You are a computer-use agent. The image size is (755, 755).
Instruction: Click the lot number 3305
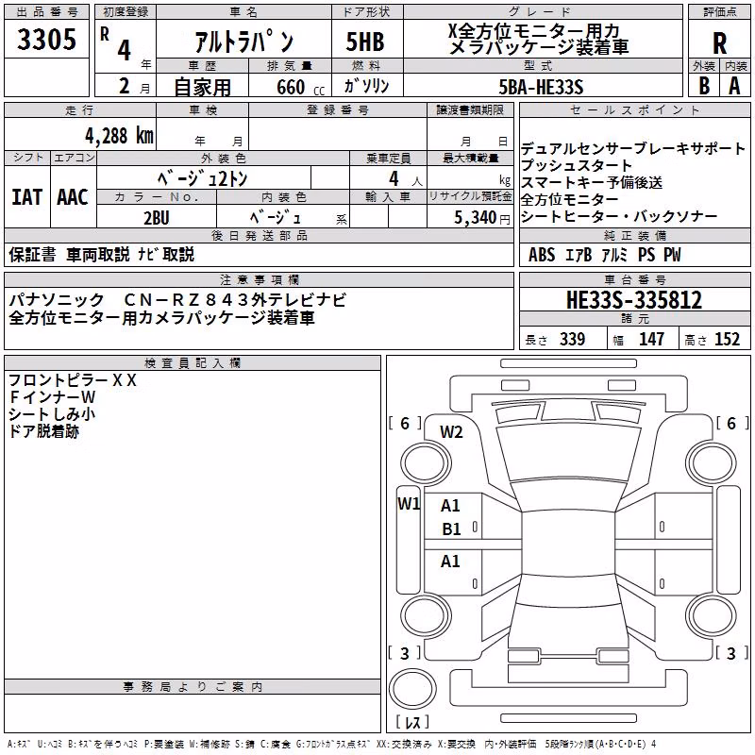[x=46, y=40]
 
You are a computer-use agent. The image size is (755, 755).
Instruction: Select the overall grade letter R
[x=719, y=43]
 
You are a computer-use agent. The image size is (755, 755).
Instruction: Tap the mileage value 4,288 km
[x=120, y=136]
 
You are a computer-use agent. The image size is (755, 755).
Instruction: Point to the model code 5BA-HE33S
[x=541, y=87]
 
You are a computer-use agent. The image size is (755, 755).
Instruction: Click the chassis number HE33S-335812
[x=634, y=300]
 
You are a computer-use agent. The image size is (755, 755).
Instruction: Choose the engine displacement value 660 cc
[x=300, y=87]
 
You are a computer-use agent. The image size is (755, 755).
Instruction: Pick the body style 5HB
[x=365, y=42]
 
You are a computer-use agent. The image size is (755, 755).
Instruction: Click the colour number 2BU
[x=157, y=218]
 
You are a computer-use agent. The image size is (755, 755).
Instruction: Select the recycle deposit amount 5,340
[x=476, y=217]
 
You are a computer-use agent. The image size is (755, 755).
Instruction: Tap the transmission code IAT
[x=26, y=197]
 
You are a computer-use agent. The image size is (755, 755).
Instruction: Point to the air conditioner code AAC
[x=73, y=197]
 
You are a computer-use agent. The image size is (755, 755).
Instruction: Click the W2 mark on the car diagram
[x=451, y=432]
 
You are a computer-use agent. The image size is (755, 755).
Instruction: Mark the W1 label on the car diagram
[x=409, y=504]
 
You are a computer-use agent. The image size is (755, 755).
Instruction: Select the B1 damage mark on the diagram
[x=452, y=529]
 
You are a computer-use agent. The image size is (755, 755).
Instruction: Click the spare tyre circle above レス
[x=412, y=688]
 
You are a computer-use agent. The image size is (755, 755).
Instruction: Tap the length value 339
[x=572, y=339]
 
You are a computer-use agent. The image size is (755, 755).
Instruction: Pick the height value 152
[x=727, y=339]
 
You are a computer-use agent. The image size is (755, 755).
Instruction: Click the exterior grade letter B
[x=704, y=86]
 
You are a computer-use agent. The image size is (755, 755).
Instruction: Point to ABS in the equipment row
[x=542, y=255]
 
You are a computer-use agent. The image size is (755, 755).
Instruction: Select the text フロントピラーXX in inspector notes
[x=73, y=380]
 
